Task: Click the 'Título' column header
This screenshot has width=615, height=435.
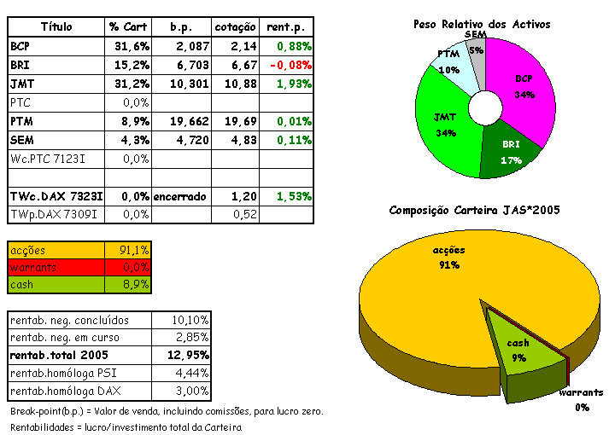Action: coord(56,27)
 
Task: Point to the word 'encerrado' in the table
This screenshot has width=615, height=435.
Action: coord(180,196)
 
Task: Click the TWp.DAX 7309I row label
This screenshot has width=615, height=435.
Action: coord(56,215)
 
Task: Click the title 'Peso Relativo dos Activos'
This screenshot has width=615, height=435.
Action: coord(481,24)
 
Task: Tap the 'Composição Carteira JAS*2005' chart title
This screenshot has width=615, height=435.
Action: coord(474,210)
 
